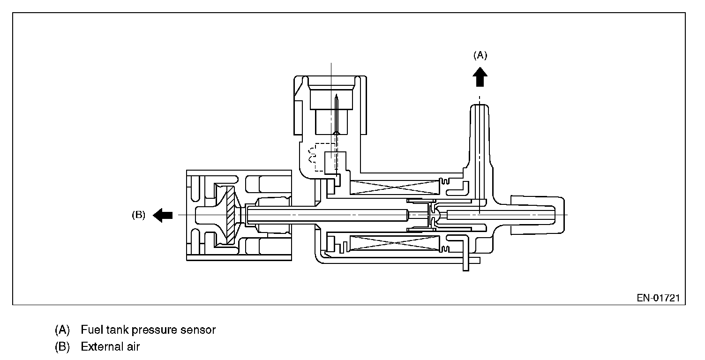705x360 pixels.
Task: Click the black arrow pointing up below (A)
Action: (x=480, y=76)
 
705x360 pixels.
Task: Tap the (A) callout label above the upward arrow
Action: (x=480, y=55)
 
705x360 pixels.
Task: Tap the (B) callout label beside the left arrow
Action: (x=138, y=215)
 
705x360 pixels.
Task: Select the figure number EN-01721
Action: (x=658, y=298)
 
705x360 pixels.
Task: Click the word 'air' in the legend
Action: (x=133, y=347)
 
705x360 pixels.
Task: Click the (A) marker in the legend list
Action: (x=62, y=330)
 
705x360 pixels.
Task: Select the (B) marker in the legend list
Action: (x=62, y=347)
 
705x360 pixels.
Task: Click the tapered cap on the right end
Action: (x=537, y=215)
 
